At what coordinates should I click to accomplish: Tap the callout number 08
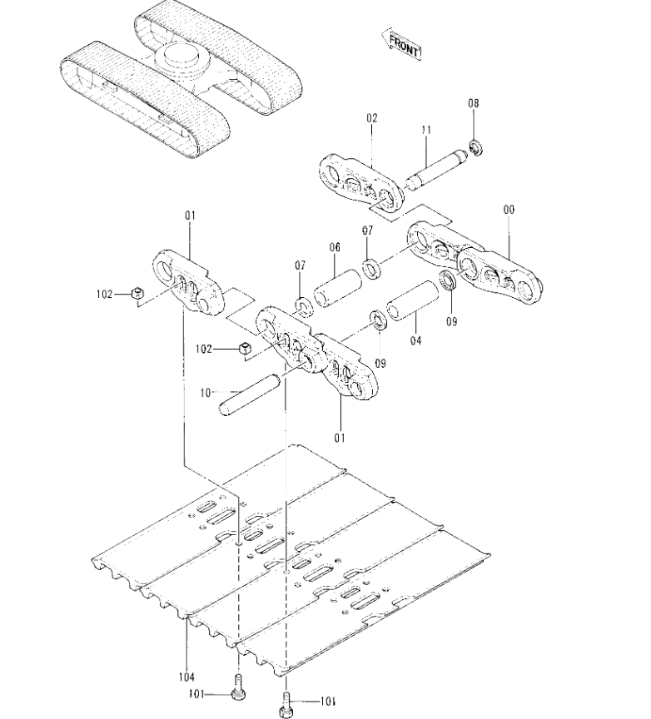click(x=474, y=103)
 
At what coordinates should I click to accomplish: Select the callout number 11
click(x=426, y=130)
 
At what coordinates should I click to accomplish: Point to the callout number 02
click(x=371, y=118)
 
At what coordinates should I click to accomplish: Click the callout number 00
click(x=509, y=210)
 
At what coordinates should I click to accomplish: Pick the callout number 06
click(x=335, y=248)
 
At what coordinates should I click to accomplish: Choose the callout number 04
click(x=415, y=340)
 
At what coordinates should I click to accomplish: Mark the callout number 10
click(x=205, y=393)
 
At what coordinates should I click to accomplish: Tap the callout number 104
click(x=186, y=677)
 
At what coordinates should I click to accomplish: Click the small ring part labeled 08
click(x=475, y=148)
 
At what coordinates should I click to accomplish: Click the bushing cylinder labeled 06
click(x=338, y=289)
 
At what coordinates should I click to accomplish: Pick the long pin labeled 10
click(x=250, y=395)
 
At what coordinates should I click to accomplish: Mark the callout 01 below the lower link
click(x=340, y=439)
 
